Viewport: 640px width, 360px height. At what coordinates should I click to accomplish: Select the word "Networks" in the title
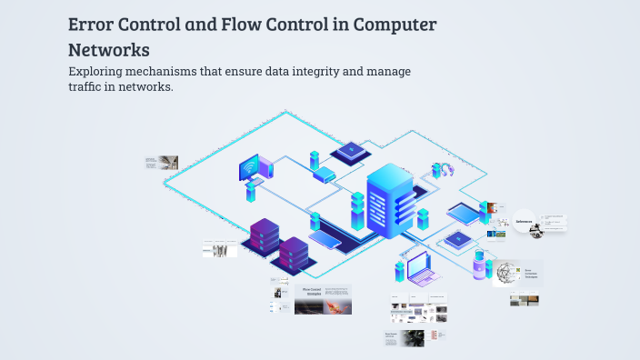pyautogui.click(x=109, y=49)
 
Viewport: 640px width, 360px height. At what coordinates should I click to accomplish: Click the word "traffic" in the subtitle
pyautogui.click(x=87, y=88)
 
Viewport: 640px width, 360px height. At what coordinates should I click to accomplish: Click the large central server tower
pyautogui.click(x=390, y=200)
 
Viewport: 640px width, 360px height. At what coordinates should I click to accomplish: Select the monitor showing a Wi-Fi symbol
pyautogui.click(x=249, y=168)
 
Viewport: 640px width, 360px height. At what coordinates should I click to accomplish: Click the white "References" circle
pyautogui.click(x=524, y=221)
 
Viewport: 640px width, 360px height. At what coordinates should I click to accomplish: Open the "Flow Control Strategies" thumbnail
pyautogui.click(x=322, y=299)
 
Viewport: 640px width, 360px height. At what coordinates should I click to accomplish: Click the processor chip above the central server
pyautogui.click(x=348, y=151)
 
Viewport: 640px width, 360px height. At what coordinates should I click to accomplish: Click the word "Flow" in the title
pyautogui.click(x=238, y=25)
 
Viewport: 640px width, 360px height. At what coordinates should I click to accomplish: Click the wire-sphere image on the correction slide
pyautogui.click(x=505, y=273)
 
